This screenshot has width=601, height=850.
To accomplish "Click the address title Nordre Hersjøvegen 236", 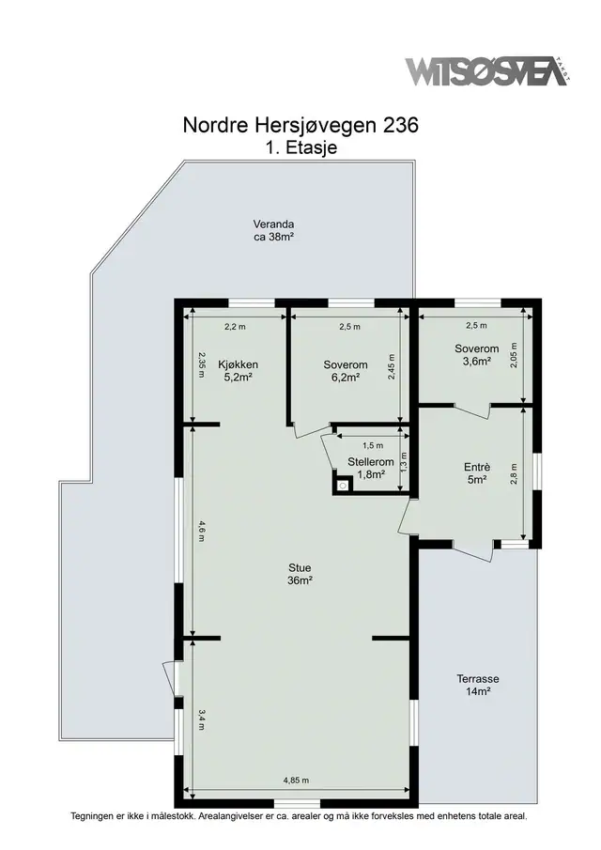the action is tap(300, 125).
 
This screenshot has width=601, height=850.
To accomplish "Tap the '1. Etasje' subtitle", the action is tap(301, 147).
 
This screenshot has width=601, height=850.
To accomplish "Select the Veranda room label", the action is tap(273, 230).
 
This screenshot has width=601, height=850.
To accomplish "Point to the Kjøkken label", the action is tap(238, 371).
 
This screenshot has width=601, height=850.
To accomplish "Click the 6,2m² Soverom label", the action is tap(346, 371).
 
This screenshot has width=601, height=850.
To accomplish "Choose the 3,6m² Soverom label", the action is tap(477, 355).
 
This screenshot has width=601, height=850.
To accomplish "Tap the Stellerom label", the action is tap(371, 469).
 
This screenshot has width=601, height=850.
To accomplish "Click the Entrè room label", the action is tap(477, 472).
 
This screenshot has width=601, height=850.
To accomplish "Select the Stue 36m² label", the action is tap(300, 574).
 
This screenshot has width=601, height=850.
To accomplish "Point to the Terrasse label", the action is tap(477, 685).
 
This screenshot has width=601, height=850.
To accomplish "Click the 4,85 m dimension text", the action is tap(296, 780).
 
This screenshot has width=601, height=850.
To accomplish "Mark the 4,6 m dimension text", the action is tap(201, 532).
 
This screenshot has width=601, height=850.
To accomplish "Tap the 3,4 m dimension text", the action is tap(201, 719).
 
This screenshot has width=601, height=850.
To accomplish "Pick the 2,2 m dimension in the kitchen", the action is tap(235, 327).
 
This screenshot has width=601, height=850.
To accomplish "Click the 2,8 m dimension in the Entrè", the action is tap(514, 473).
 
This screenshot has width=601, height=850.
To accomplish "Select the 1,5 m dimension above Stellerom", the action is tap(372, 445).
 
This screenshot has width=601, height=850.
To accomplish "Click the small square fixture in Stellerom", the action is tap(343, 486).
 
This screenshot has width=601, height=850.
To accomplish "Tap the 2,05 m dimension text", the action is tap(514, 355).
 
